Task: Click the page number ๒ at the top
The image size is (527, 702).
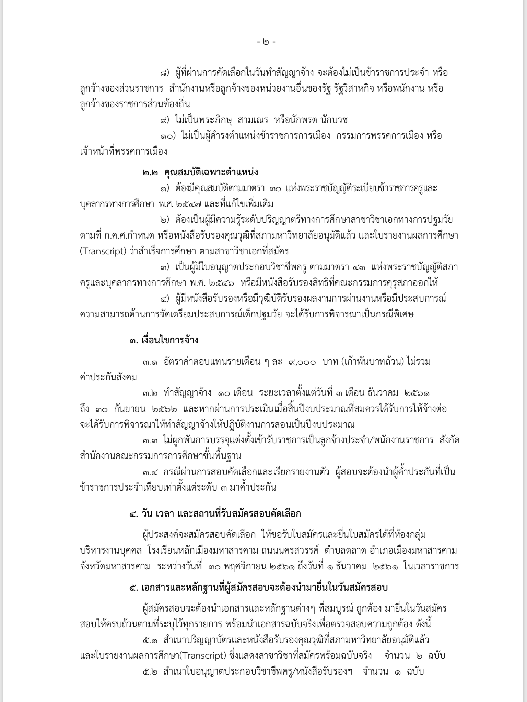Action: (266, 43)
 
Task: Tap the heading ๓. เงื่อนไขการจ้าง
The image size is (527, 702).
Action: (164, 340)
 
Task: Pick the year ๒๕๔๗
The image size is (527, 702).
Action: (185, 204)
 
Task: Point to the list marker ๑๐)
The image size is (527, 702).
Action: (168, 136)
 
